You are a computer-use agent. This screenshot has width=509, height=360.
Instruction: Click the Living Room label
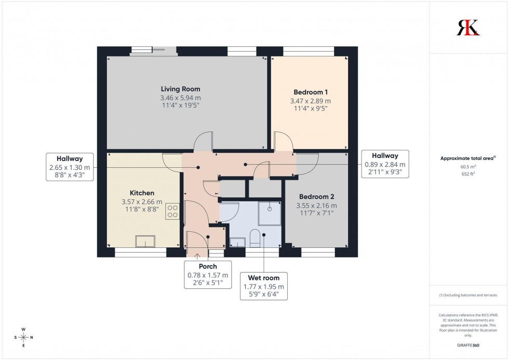point(180,89)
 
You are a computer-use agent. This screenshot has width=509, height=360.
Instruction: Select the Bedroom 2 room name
point(316,197)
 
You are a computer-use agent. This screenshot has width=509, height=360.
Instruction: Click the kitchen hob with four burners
point(172,211)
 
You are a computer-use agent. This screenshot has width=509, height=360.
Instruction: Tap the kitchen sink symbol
point(145,241)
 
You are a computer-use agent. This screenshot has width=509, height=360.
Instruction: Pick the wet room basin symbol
point(237,242)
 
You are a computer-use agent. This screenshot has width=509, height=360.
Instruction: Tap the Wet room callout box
point(264,286)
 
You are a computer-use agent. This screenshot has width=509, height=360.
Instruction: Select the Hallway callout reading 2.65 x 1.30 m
point(70,167)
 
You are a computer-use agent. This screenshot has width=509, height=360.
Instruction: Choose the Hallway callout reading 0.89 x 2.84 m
point(385,163)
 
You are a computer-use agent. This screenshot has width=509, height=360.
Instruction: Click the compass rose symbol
point(23,337)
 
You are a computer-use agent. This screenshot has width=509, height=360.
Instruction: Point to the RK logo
point(468,27)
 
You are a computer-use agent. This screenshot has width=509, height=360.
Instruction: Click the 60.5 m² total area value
point(468,166)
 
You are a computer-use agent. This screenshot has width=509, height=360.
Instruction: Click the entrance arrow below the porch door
point(197,255)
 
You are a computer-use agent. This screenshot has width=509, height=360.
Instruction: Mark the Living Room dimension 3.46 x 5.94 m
point(180,98)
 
